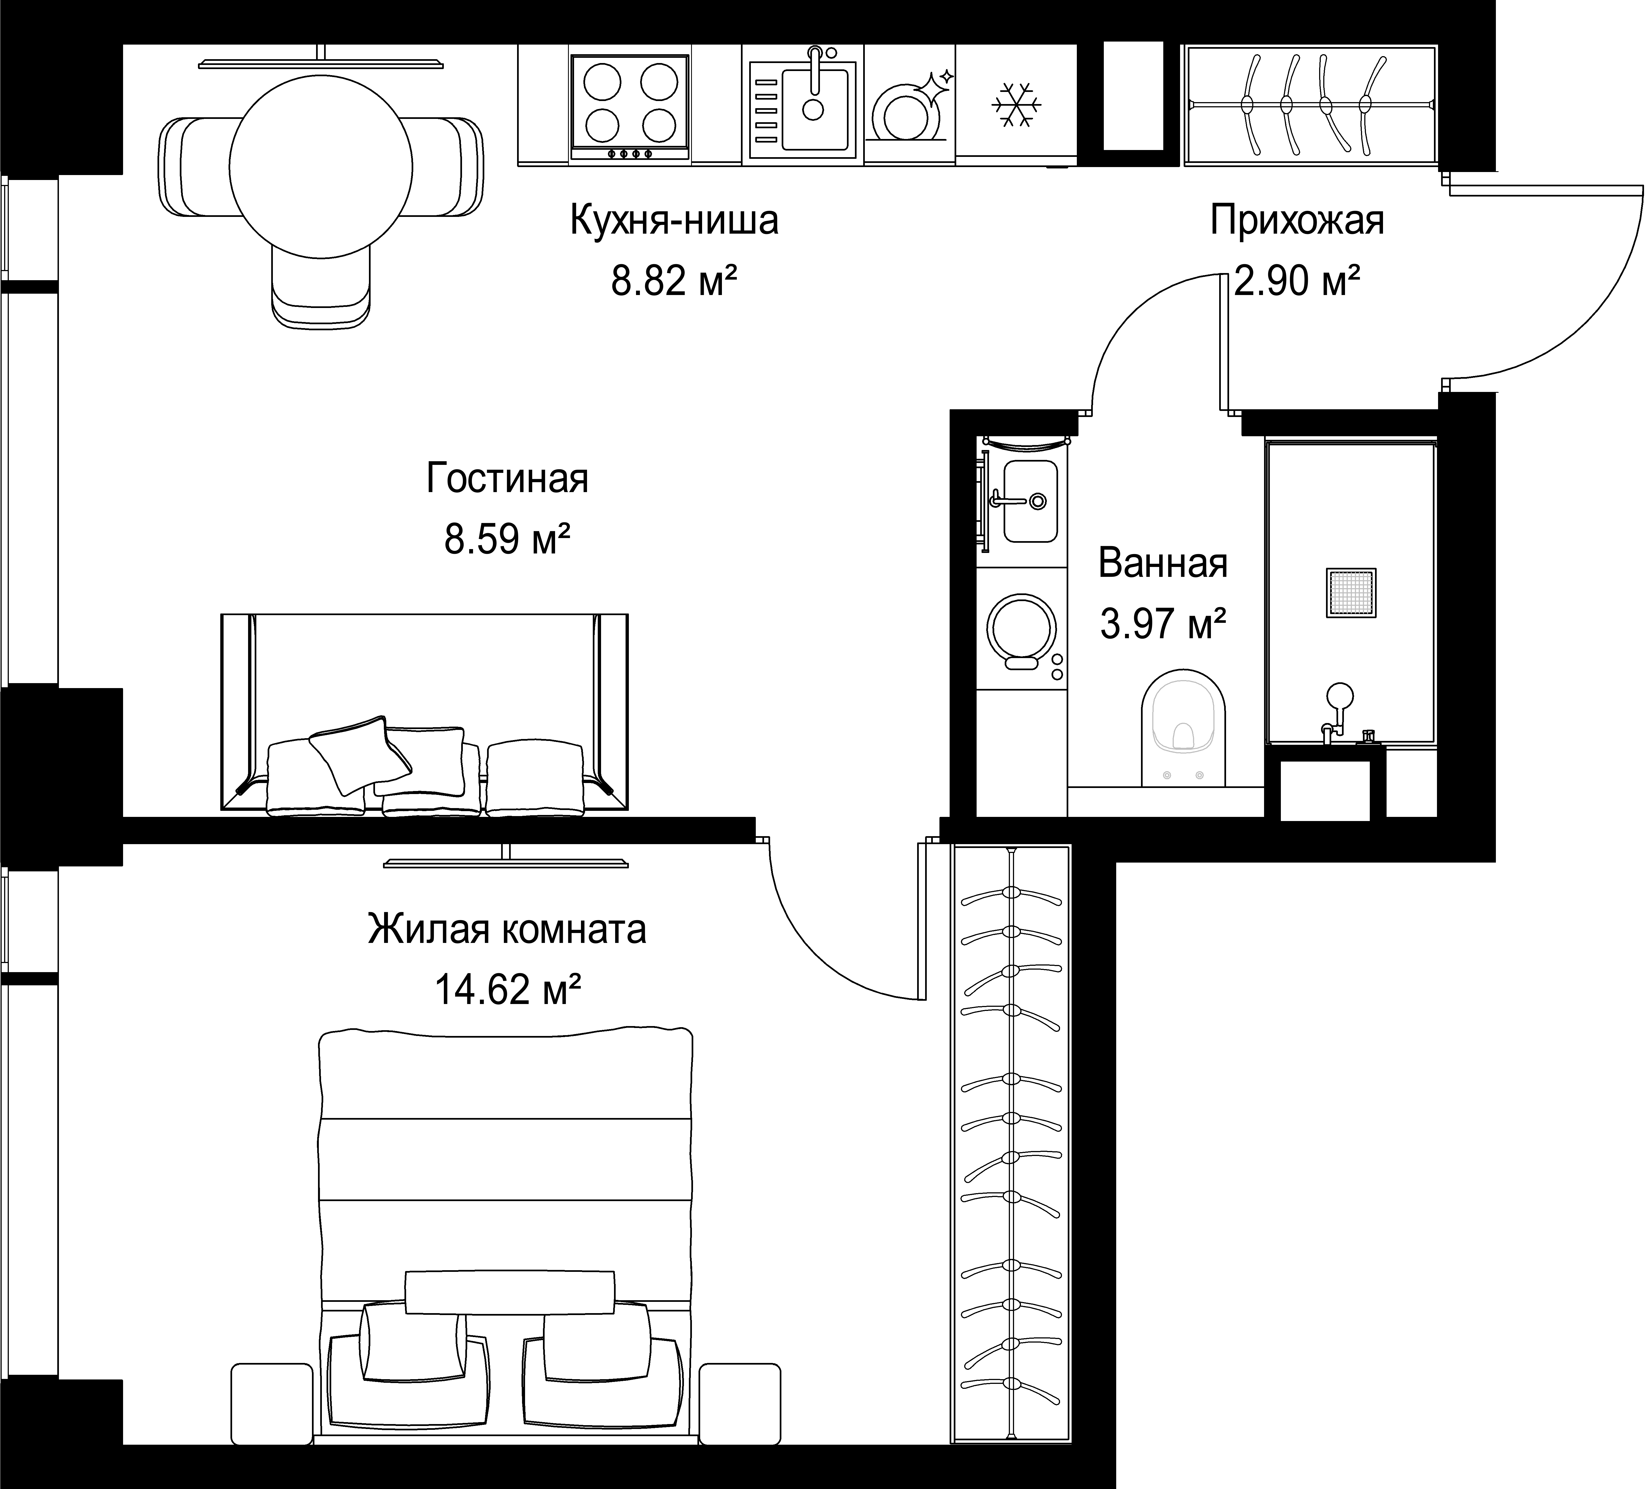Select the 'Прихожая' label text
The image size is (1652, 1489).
(x=1297, y=222)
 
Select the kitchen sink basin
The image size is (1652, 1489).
(x=814, y=109)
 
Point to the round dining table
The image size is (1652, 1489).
(x=321, y=168)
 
